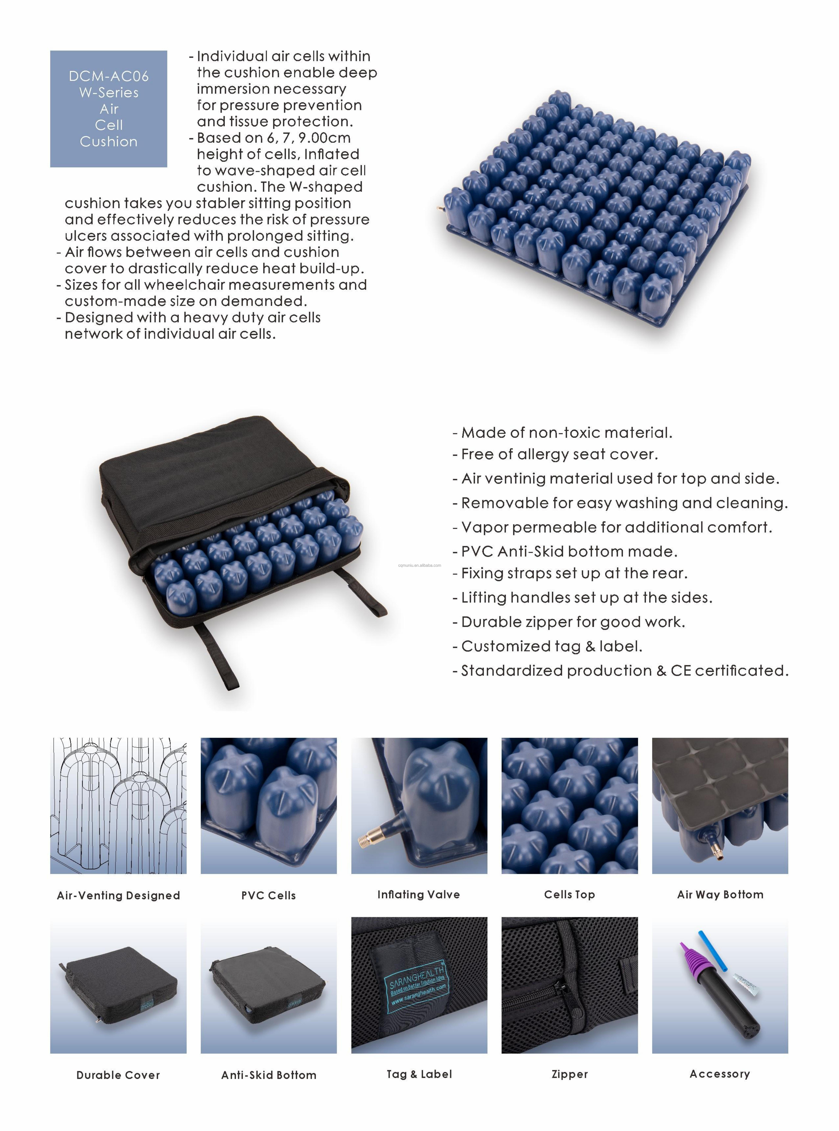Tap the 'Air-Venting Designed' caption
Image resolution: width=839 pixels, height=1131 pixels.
118,895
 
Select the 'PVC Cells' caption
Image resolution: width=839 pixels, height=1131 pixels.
269,895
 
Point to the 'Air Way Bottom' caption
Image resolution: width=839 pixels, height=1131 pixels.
720,894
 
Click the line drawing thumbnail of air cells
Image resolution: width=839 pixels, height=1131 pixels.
118,806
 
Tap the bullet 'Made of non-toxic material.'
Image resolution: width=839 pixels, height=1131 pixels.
567,433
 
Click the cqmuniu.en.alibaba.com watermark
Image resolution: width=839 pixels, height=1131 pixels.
419,565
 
